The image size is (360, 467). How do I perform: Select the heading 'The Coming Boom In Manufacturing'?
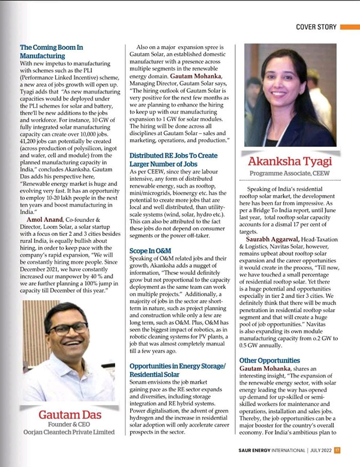tap(51, 51)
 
